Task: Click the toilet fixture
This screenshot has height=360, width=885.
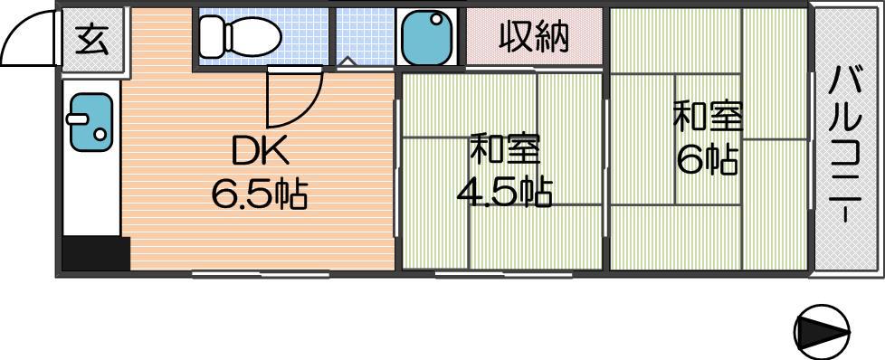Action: click(240, 37)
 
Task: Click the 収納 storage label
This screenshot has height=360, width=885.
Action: click(533, 37)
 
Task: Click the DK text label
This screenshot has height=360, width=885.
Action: click(261, 151)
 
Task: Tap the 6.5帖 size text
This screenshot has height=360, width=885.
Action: click(260, 194)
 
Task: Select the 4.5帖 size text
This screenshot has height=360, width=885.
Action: click(504, 193)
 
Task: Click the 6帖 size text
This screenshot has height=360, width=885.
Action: click(707, 160)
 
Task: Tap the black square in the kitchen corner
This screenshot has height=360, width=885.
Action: click(96, 254)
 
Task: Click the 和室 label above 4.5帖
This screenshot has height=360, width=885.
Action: click(505, 148)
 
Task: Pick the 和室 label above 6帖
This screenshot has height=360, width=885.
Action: click(708, 117)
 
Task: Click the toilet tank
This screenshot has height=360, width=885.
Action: click(211, 37)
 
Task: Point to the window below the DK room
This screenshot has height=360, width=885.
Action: click(261, 275)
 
